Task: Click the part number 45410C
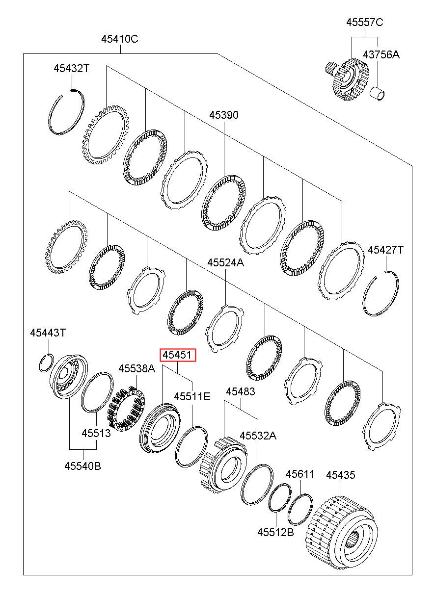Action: tap(120, 40)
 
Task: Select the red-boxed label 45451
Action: tap(177, 355)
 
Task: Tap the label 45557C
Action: tap(364, 22)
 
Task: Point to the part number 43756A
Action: tap(381, 54)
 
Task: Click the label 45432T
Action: tap(72, 69)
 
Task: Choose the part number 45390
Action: tap(224, 115)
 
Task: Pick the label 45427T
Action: tap(385, 250)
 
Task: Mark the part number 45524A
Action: tap(225, 263)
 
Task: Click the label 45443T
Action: tap(48, 333)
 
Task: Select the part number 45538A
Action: tap(136, 368)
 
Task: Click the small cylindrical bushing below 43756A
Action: tap(378, 94)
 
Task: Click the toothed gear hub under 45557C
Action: tap(348, 79)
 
